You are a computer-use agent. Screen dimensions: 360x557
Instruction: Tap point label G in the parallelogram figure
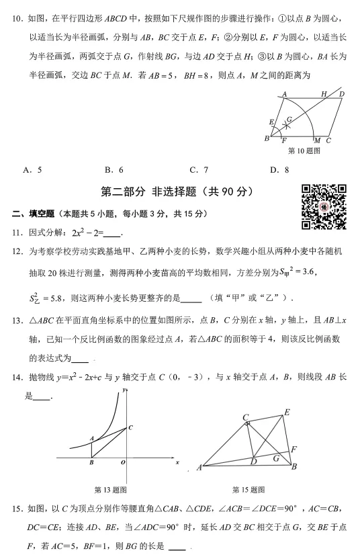289,119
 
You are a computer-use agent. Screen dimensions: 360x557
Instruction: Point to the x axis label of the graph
177,463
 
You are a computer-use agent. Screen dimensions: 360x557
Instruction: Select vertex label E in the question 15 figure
287,412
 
